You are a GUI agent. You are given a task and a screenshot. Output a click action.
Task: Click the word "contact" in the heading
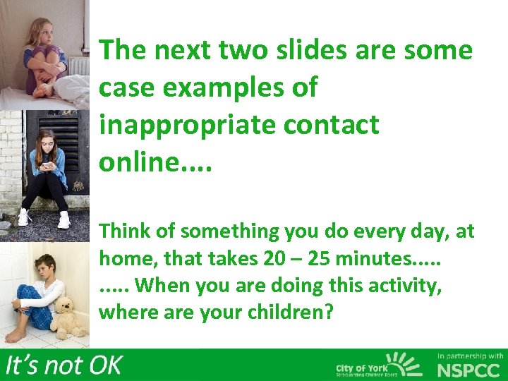tap(331, 125)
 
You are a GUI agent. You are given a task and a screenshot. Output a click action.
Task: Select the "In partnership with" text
tap(470, 356)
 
